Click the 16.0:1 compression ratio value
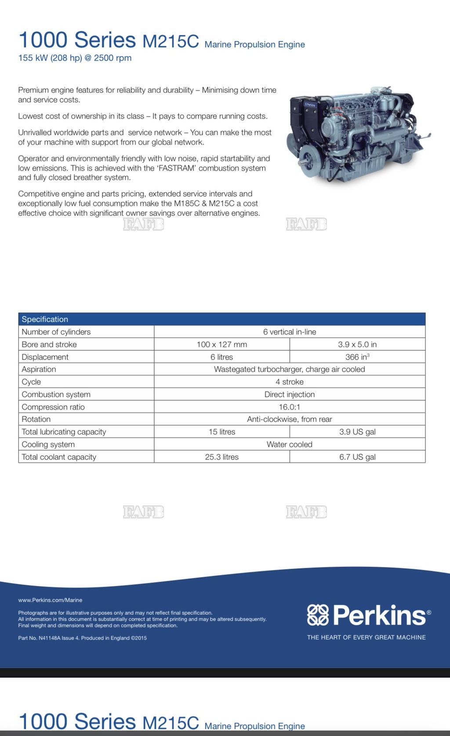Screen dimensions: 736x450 click(x=289, y=407)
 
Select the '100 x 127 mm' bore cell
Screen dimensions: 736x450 click(x=221, y=344)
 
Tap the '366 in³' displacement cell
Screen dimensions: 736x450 click(x=357, y=357)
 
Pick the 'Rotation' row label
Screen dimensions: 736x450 click(x=36, y=419)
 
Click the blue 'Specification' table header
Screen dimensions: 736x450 click(x=45, y=319)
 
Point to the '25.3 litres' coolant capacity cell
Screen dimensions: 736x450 click(x=221, y=457)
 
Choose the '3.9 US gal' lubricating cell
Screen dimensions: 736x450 click(x=357, y=432)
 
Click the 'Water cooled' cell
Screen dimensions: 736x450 click(x=289, y=444)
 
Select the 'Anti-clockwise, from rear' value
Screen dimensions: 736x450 click(x=289, y=419)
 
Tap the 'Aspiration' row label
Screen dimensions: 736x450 click(x=39, y=369)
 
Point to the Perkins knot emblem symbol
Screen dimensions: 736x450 click(x=318, y=615)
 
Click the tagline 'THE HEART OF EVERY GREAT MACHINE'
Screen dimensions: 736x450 click(x=366, y=637)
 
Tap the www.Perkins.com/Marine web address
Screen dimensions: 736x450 click(x=50, y=600)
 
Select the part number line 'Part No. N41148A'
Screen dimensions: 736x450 click(x=82, y=638)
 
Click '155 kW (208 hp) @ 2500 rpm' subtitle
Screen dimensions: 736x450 click(x=75, y=58)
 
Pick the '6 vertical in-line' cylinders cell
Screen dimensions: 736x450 click(x=289, y=332)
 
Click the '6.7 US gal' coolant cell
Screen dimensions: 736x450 click(x=357, y=457)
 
